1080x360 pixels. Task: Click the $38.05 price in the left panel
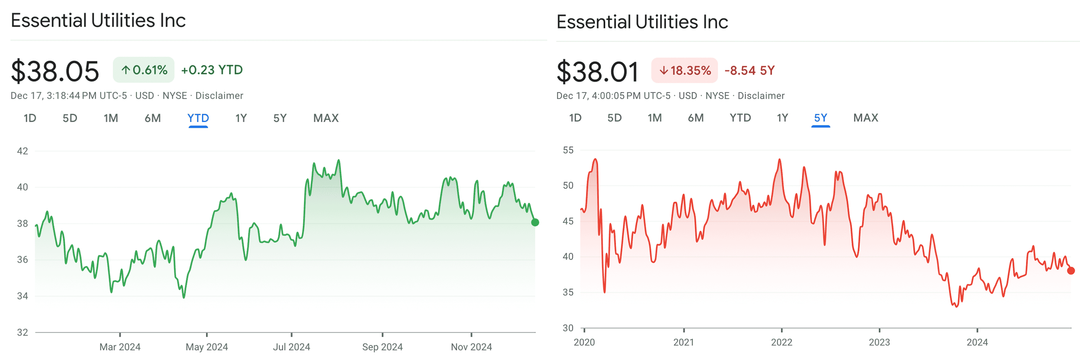[55, 71]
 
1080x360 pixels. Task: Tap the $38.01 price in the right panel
[598, 72]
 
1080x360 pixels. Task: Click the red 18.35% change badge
[685, 70]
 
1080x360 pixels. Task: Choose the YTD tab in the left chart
[198, 118]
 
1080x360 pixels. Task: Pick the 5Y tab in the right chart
[820, 118]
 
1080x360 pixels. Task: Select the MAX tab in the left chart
[326, 118]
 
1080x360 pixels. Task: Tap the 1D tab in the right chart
[575, 118]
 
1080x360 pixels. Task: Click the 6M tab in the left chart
[153, 118]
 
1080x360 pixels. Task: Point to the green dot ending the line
[535, 222]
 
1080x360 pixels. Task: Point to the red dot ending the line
[1071, 271]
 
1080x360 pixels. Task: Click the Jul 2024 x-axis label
[291, 347]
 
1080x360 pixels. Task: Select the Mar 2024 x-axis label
[120, 347]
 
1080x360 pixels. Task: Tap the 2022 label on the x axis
[782, 342]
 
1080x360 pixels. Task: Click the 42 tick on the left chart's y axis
[23, 151]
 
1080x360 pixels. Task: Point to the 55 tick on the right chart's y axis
[568, 150]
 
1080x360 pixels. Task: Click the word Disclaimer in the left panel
[219, 96]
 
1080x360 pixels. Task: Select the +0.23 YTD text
[212, 70]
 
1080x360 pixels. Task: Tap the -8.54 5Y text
[750, 70]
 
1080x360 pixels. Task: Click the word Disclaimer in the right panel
[761, 96]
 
